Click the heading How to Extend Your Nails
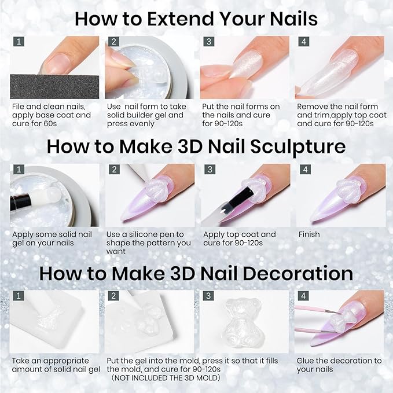(196, 19)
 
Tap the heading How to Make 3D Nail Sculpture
(196, 146)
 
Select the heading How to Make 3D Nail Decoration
(196, 273)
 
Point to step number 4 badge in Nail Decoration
(304, 296)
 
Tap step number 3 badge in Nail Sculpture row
(209, 170)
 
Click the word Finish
(309, 234)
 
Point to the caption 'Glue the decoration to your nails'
(339, 365)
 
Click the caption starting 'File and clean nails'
(51, 115)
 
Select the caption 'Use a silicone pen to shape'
(149, 243)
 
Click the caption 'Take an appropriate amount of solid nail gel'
(56, 365)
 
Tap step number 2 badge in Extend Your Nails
(114, 42)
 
